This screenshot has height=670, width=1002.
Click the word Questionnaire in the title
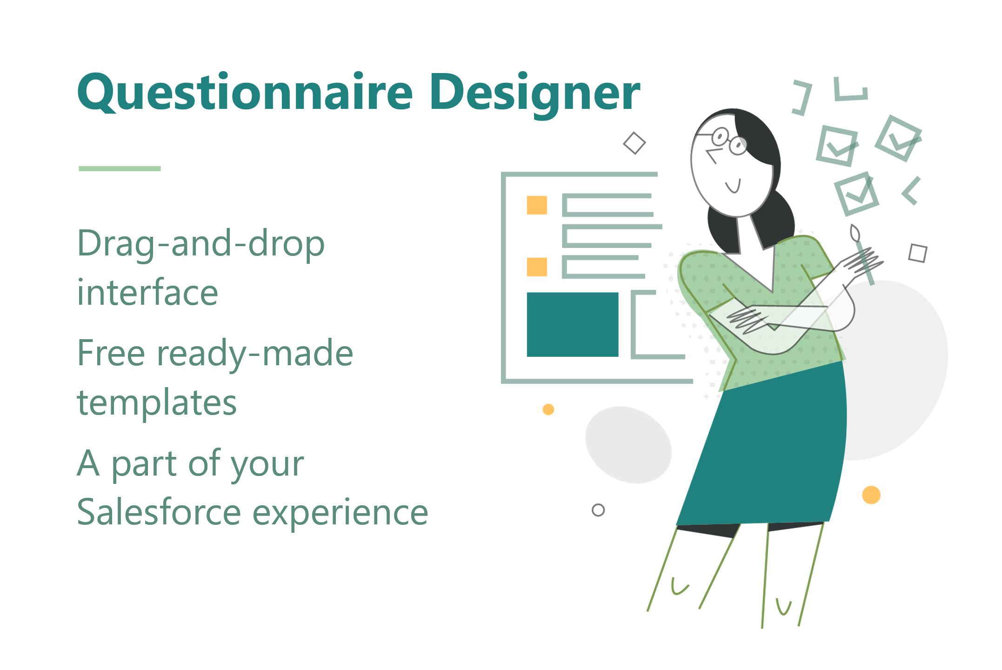pyautogui.click(x=244, y=93)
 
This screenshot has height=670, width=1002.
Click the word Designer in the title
pyautogui.click(x=535, y=93)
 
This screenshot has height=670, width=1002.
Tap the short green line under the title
pyautogui.click(x=120, y=168)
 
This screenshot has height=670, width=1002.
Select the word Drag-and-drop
pyautogui.click(x=200, y=244)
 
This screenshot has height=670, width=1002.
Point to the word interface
pyautogui.click(x=147, y=293)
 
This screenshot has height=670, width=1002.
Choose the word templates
pyautogui.click(x=157, y=403)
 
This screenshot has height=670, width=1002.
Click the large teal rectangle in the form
pyautogui.click(x=572, y=324)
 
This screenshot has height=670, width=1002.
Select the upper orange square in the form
pyautogui.click(x=536, y=205)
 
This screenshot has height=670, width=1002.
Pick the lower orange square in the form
pyautogui.click(x=536, y=267)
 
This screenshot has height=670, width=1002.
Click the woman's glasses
pyautogui.click(x=728, y=141)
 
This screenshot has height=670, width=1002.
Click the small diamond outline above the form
pyautogui.click(x=634, y=143)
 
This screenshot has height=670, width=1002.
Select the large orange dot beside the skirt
pyautogui.click(x=871, y=495)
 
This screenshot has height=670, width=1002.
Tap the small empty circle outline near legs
pyautogui.click(x=598, y=510)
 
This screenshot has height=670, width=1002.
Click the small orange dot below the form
pyautogui.click(x=548, y=409)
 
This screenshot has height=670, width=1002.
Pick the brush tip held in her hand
pyautogui.click(x=855, y=233)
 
